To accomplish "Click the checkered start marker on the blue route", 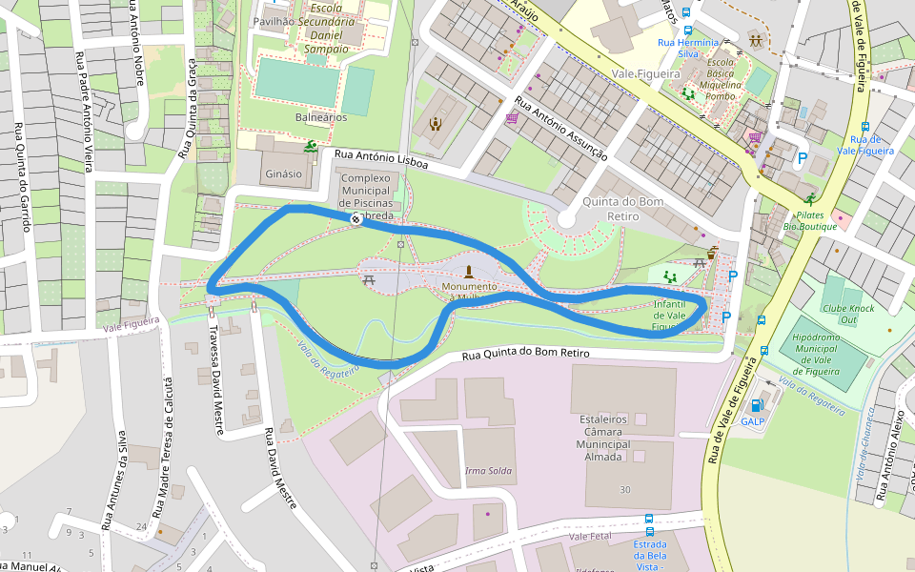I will [x=356, y=220].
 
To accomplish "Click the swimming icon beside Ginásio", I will [x=311, y=148].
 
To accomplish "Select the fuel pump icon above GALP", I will [x=758, y=405].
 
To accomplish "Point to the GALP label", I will [x=753, y=420].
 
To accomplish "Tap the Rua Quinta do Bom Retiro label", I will [x=526, y=354].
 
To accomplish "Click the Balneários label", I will [x=321, y=117].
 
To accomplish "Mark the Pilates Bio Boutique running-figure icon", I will [x=810, y=200].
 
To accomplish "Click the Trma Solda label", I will [x=488, y=471].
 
